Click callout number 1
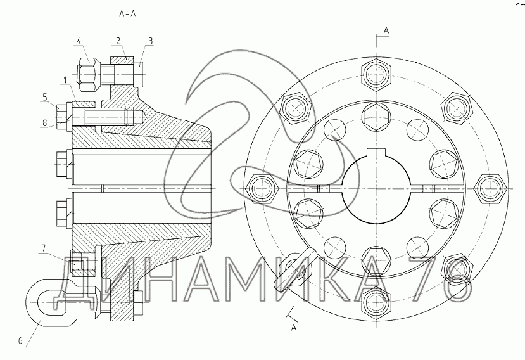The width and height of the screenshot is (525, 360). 65,80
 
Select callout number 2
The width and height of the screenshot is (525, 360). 118,41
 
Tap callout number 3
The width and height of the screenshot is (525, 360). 150,41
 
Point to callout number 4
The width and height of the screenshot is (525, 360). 79,41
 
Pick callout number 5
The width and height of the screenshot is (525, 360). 45,96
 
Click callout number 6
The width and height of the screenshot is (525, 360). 20,341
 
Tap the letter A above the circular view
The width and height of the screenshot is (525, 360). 386,30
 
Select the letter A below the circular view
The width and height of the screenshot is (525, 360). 294,327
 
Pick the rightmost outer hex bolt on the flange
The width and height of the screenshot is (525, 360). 488,188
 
